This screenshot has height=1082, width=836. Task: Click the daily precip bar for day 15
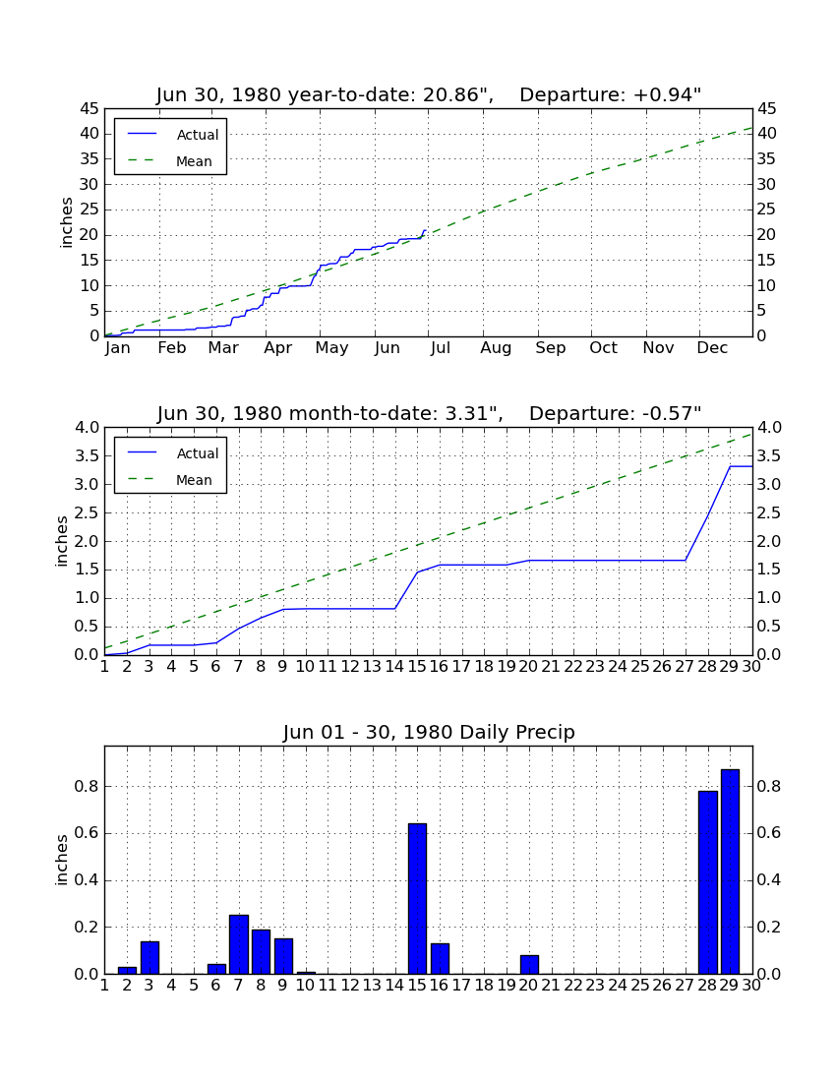(417, 898)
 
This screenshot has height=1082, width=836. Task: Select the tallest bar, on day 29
(730, 872)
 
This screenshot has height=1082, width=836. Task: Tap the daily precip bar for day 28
(708, 882)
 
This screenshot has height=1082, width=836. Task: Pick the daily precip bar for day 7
(239, 944)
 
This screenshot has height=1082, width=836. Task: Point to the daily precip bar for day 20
(529, 965)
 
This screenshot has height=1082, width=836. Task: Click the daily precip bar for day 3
(149, 958)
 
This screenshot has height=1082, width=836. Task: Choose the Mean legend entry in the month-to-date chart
(170, 480)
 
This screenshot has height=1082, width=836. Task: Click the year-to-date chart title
(429, 94)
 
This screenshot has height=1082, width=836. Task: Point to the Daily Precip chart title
(429, 732)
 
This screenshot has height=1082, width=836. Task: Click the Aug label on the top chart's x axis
(496, 348)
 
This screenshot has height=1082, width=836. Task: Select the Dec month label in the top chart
(712, 348)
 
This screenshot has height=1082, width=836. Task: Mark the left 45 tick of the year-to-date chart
(90, 109)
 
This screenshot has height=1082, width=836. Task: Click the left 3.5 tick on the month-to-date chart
(87, 456)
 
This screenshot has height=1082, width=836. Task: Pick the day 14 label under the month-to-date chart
(394, 667)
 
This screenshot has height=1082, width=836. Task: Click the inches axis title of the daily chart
(62, 860)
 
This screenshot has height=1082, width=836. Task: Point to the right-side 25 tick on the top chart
(766, 210)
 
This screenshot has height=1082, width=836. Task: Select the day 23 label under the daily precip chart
(595, 986)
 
